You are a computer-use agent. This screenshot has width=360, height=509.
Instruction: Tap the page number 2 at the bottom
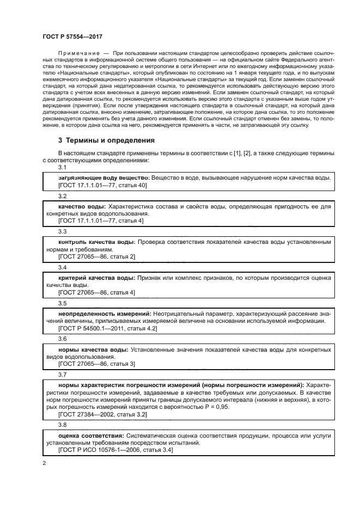[x=45, y=463]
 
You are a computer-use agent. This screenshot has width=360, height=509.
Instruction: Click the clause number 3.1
[x=62, y=168]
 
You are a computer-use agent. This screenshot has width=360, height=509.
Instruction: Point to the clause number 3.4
[x=62, y=268]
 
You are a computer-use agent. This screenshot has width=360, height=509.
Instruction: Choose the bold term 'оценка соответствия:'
[x=90, y=436]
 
